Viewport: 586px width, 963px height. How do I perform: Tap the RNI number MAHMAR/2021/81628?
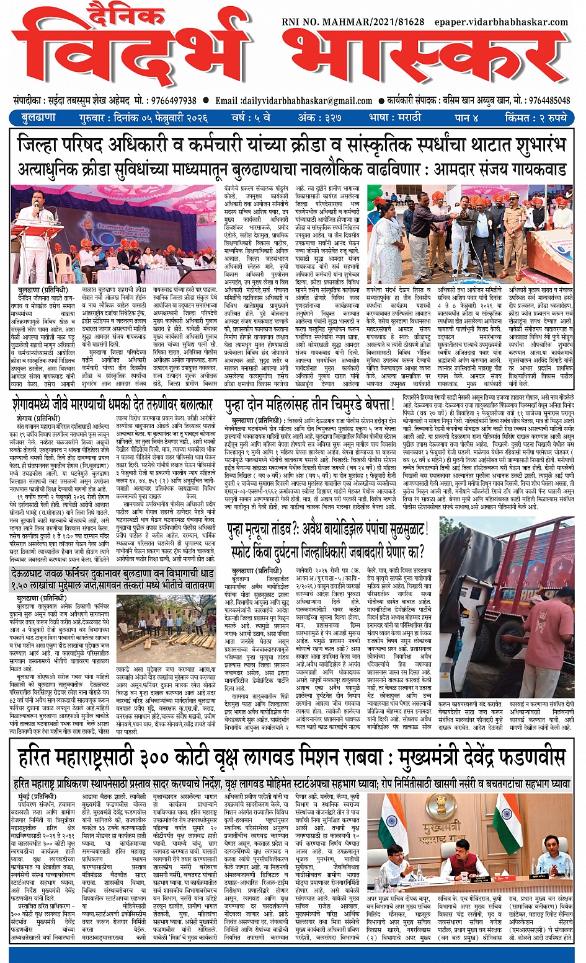(x=353, y=22)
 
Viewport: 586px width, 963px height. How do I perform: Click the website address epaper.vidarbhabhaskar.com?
(x=501, y=22)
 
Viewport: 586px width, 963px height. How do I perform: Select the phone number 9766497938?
(x=174, y=100)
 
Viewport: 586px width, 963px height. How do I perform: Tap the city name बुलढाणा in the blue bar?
(x=38, y=117)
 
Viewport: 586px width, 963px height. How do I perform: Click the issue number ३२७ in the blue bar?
(x=335, y=117)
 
